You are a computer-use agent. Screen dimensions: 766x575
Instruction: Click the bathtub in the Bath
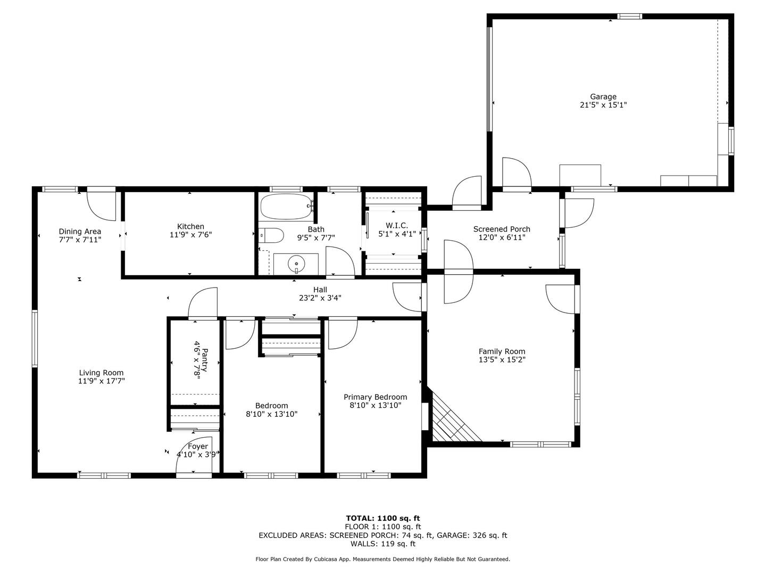(287, 207)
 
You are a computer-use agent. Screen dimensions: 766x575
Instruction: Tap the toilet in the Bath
(271, 235)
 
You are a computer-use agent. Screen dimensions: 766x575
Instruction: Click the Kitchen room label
(190, 226)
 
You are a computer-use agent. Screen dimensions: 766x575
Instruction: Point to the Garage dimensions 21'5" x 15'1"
(603, 105)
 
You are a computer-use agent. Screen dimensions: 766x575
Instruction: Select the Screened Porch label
(502, 229)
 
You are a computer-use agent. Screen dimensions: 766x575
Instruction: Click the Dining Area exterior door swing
(101, 206)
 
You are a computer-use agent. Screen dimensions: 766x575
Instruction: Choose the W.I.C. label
(397, 226)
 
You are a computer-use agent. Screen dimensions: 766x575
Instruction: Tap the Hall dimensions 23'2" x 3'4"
(320, 298)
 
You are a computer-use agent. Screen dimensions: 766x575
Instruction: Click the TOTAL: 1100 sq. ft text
(383, 518)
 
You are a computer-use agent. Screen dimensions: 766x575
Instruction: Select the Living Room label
(101, 373)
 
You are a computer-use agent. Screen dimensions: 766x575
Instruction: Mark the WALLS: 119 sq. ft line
(383, 544)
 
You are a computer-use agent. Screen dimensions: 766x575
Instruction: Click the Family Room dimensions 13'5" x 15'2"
(502, 359)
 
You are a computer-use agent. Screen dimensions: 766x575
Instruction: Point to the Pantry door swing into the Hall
(203, 302)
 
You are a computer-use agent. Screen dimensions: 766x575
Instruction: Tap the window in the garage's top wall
(629, 16)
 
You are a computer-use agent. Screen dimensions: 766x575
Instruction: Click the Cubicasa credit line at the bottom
(383, 559)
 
